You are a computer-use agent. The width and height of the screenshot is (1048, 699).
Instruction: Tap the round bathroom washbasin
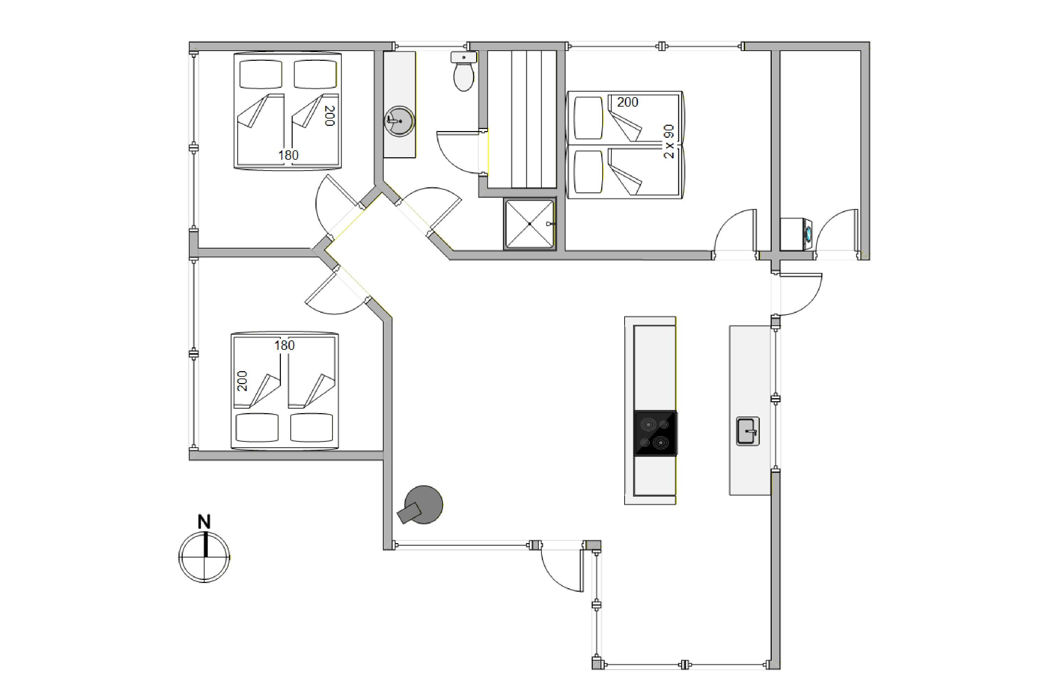pos(400,121)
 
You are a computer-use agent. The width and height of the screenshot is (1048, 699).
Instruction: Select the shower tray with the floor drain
pos(529,223)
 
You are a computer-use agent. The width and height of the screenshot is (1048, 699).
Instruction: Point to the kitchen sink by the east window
pos(747,431)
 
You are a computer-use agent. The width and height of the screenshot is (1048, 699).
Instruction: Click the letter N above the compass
pos(204,521)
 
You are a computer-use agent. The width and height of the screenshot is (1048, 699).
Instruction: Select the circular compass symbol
pos(204,557)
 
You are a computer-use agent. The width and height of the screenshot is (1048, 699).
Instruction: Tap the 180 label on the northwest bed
pos(288,155)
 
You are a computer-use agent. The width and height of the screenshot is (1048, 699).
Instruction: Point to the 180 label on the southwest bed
pos(284,346)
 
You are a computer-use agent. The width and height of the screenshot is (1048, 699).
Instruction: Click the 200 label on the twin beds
pos(627,102)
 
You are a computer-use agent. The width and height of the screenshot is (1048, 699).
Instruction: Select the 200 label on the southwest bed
pos(242,381)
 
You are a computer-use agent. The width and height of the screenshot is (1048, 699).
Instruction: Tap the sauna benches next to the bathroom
pos(522,119)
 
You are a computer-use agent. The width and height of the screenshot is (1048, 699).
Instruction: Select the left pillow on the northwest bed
pos(261,74)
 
